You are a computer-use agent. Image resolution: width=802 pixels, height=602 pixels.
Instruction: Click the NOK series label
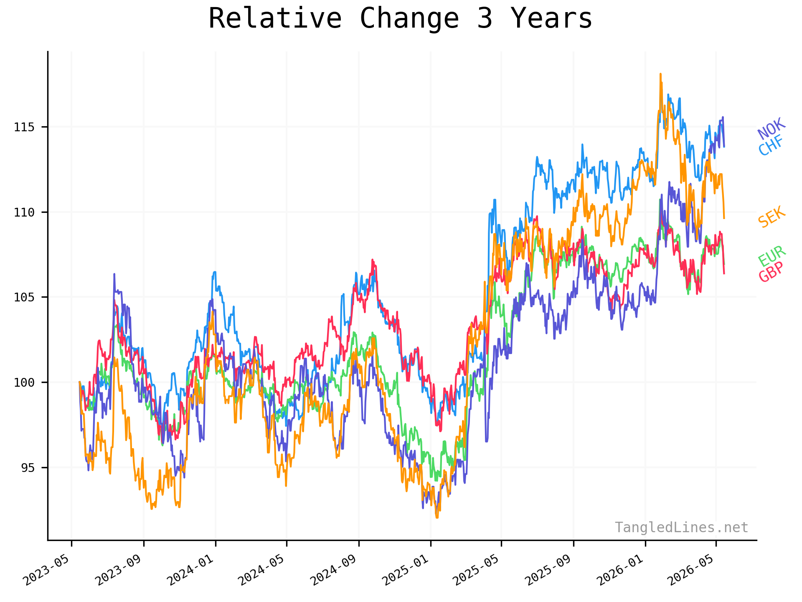772,129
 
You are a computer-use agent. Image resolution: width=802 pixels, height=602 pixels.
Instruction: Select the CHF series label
771,145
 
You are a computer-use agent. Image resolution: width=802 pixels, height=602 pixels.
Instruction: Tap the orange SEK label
772,217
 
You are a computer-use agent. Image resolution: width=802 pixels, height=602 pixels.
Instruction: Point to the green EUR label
772,256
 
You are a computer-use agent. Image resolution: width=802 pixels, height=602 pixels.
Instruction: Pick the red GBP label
771,272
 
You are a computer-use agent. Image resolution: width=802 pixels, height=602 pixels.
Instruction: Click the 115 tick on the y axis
24,127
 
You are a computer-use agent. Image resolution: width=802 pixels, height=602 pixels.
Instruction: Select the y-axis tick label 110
24,212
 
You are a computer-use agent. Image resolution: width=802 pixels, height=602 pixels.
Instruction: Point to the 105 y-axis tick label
24,297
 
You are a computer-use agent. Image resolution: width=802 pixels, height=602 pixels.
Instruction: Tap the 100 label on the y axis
24,383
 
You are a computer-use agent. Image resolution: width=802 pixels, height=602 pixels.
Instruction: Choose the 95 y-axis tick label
28,468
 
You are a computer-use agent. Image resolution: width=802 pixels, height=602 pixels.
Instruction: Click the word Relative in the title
275,18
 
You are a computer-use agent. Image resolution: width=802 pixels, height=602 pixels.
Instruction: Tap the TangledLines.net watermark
681,528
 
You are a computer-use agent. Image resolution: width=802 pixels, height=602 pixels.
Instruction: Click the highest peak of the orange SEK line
660,74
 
